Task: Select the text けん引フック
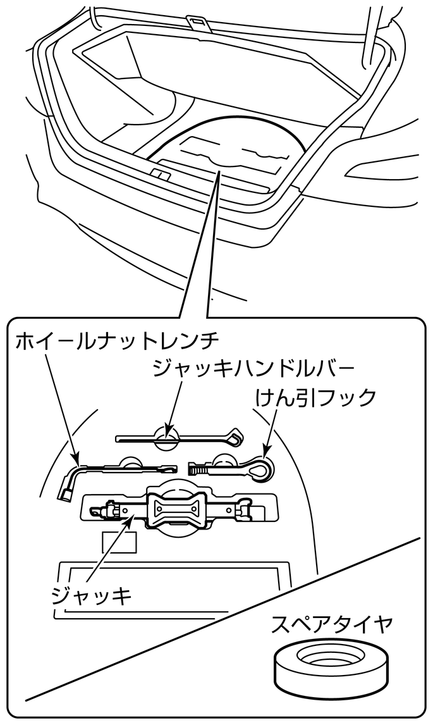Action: [316, 397]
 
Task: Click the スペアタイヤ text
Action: [332, 626]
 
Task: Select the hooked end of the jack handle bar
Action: [235, 437]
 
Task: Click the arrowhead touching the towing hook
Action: [266, 451]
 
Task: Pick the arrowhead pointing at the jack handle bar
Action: [167, 430]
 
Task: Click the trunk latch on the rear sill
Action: [160, 173]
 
